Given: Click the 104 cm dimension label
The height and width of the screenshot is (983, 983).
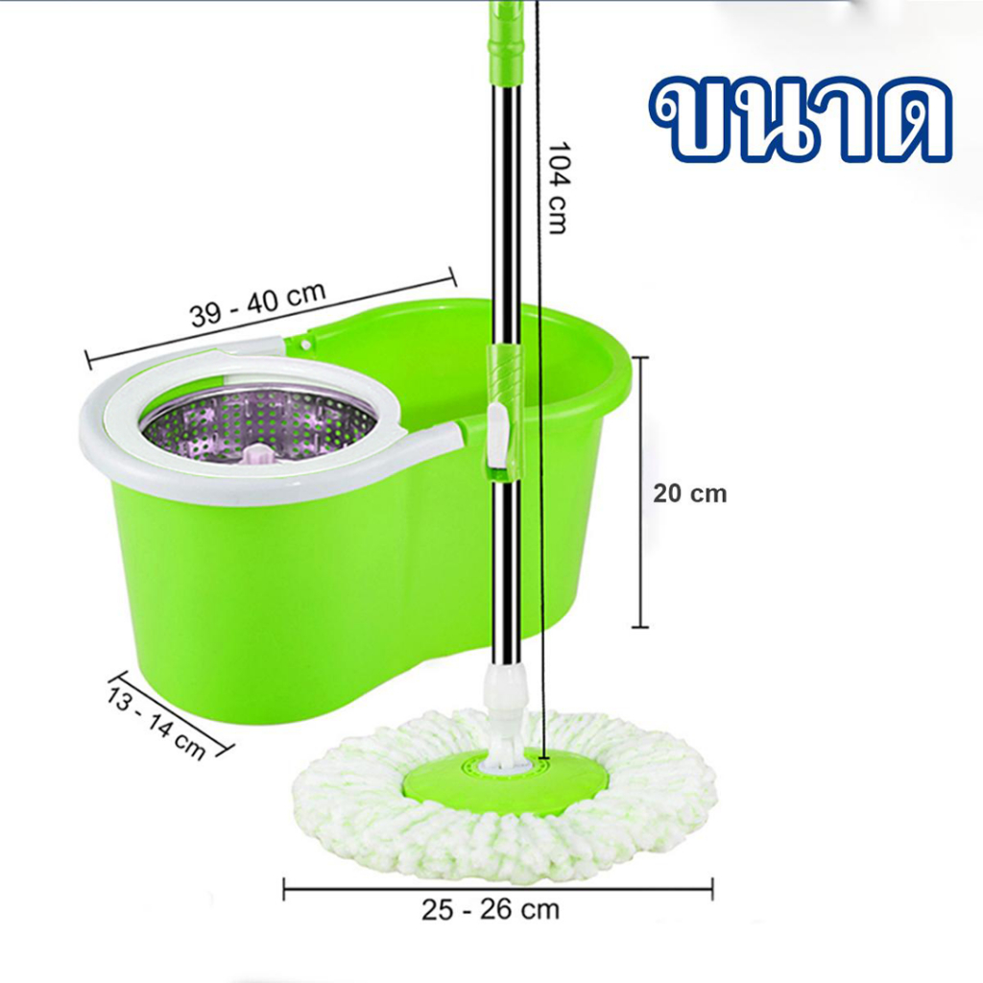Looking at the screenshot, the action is [558, 188].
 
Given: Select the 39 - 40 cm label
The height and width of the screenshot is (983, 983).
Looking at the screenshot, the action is [258, 304].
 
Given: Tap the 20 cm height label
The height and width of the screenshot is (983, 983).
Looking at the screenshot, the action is [689, 493].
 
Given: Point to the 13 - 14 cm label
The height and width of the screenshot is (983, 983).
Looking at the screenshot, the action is [156, 723].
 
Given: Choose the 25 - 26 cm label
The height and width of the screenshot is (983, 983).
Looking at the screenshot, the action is [491, 910].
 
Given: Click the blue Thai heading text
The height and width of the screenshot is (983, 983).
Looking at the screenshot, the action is [801, 119].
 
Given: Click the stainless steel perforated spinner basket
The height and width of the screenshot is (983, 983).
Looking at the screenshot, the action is [258, 427].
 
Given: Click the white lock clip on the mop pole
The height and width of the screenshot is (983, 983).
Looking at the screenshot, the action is [497, 436].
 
